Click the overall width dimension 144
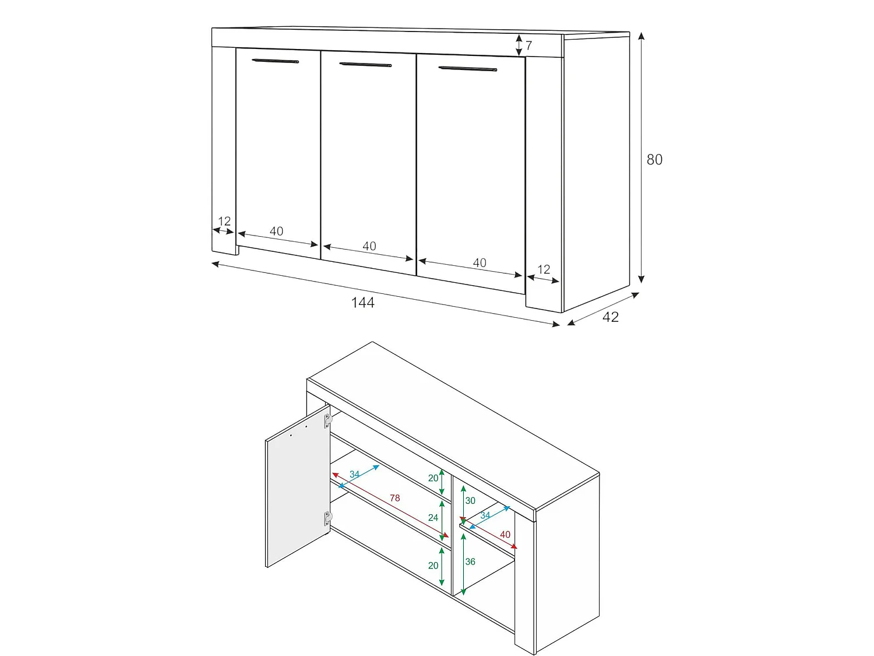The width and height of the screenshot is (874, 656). pyautogui.click(x=363, y=303)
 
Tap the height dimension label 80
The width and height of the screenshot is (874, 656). pyautogui.click(x=654, y=160)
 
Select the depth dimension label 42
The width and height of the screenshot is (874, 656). pyautogui.click(x=611, y=317)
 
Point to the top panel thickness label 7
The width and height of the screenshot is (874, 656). pyautogui.click(x=529, y=45)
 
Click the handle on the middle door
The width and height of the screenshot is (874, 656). pyautogui.click(x=365, y=65)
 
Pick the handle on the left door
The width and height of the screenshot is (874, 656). pyautogui.click(x=275, y=61)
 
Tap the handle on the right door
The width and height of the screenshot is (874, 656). pyautogui.click(x=468, y=69)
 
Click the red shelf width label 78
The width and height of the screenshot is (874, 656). pyautogui.click(x=394, y=498)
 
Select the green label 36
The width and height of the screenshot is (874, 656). pyautogui.click(x=470, y=562)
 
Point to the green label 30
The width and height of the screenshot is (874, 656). pyautogui.click(x=470, y=501)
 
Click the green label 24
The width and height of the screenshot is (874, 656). pyautogui.click(x=434, y=517)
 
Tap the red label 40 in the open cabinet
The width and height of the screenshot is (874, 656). pyautogui.click(x=505, y=535)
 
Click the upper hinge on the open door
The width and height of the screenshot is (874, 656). pyautogui.click(x=327, y=420)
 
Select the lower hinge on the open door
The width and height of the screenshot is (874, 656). pyautogui.click(x=327, y=518)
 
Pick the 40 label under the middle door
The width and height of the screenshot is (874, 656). pyautogui.click(x=369, y=246)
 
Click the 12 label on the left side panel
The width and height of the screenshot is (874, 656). pyautogui.click(x=224, y=221)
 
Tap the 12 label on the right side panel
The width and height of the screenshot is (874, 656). pyautogui.click(x=544, y=269)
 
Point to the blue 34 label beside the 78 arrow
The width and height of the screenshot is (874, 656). pyautogui.click(x=354, y=475)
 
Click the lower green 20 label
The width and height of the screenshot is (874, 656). pyautogui.click(x=434, y=566)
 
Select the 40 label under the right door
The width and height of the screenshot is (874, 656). pyautogui.click(x=480, y=263)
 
